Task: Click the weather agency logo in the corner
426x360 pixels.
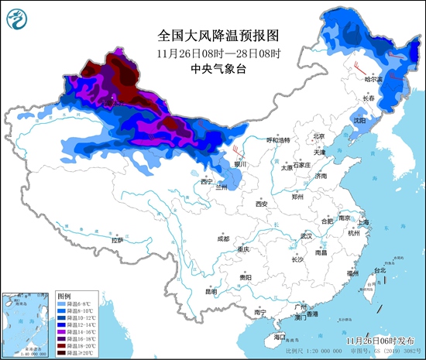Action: point(22,22)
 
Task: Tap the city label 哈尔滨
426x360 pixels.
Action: point(376,79)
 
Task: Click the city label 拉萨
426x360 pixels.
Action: point(117,241)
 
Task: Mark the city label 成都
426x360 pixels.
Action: point(223,239)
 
